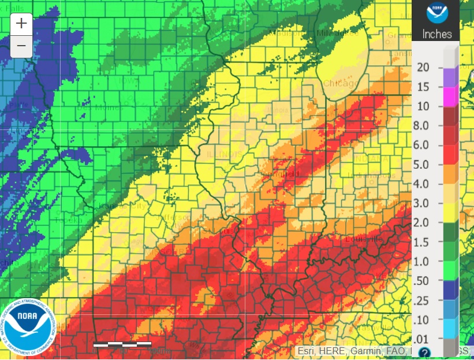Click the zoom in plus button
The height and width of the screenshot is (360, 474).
click(21, 24)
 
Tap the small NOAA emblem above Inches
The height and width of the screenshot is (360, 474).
click(436, 13)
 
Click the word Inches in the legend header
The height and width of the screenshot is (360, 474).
click(436, 34)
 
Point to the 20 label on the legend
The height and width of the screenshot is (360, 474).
click(423, 68)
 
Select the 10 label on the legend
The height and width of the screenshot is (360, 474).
click(423, 106)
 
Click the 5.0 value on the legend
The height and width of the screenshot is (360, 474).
click(423, 164)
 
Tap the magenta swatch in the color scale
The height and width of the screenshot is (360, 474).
click(450, 97)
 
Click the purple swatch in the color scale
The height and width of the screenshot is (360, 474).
click(450, 77)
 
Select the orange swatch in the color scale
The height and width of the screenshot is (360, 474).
click(450, 174)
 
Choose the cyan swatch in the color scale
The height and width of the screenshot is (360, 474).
click(450, 328)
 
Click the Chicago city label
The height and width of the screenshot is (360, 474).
click(340, 84)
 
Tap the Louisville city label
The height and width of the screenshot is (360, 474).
click(364, 239)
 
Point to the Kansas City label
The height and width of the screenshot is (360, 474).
click(121, 206)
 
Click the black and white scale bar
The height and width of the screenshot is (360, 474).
click(122, 344)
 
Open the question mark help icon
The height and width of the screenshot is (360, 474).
click(424, 352)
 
